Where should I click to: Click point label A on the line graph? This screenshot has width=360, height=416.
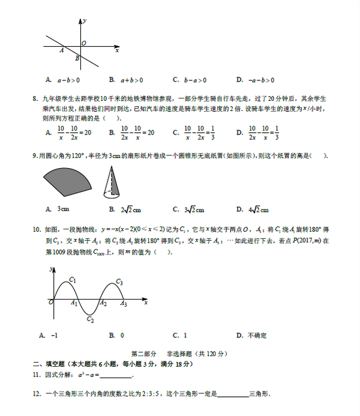(x=62, y=51)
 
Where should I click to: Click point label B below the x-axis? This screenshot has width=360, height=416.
(x=77, y=59)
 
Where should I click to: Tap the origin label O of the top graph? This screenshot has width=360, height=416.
(x=84, y=43)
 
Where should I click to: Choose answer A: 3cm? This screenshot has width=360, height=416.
(x=58, y=210)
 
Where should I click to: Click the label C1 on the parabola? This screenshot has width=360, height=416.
(x=72, y=280)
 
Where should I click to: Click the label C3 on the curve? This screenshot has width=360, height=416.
(x=119, y=282)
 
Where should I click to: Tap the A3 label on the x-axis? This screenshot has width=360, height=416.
(x=123, y=304)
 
